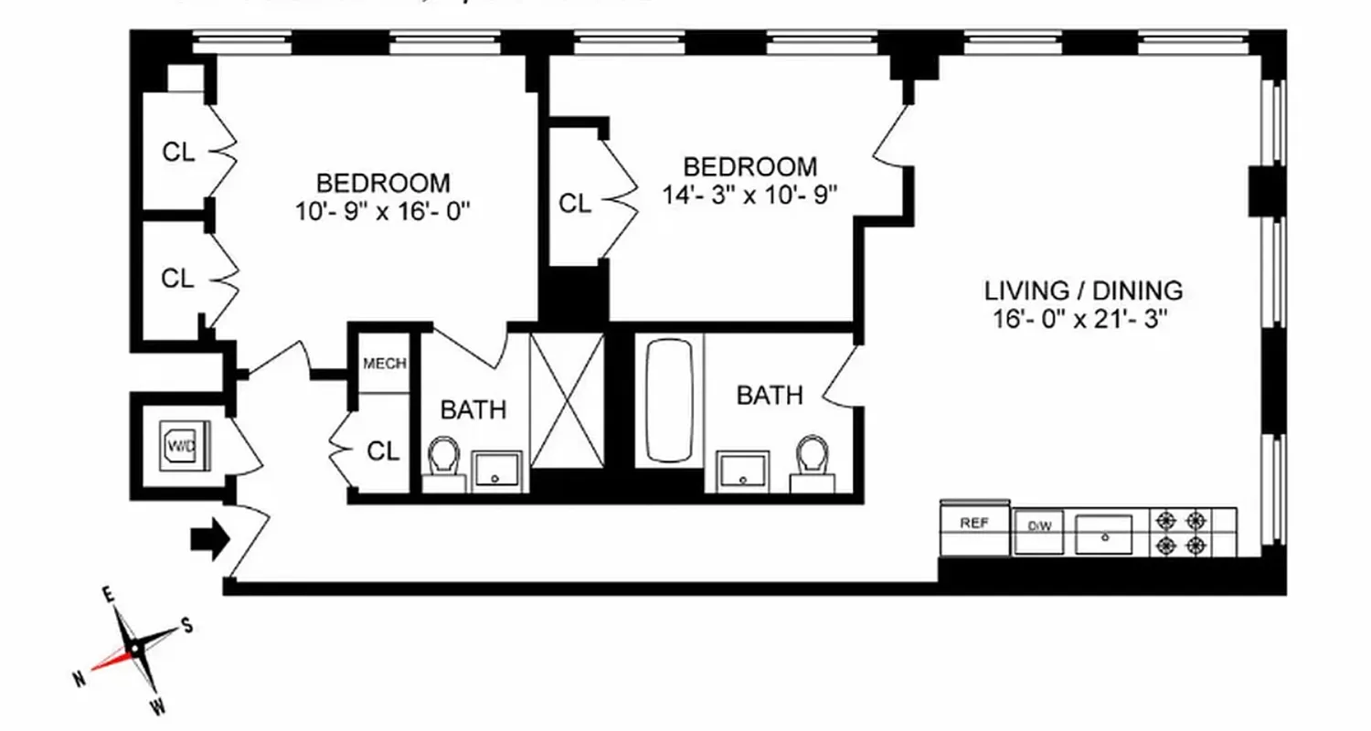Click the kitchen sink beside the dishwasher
click(1103, 534)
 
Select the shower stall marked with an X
click(567, 400)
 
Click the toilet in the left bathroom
click(444, 458)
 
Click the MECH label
click(384, 364)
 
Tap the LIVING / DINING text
click(1083, 291)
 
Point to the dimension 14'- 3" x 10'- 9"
click(749, 195)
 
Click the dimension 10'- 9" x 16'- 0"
click(382, 211)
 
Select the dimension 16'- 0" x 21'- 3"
click(1083, 319)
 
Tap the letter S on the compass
click(186, 625)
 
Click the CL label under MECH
click(383, 450)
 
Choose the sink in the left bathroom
click(498, 469)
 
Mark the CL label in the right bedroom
click(575, 204)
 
